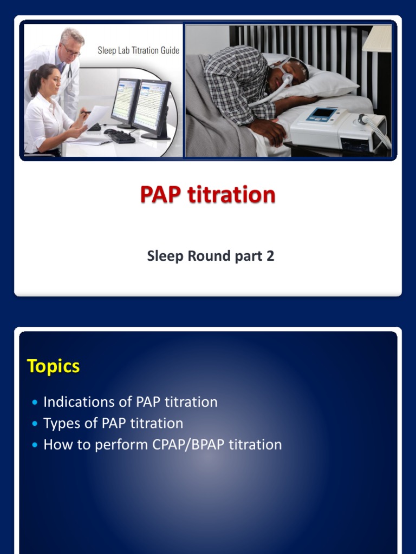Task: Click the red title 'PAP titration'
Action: [207, 194]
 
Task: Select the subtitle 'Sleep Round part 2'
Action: [210, 256]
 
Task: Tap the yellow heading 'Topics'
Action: [53, 366]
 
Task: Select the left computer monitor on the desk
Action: [125, 102]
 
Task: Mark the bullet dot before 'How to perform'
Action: [35, 445]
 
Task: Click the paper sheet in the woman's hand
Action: [96, 117]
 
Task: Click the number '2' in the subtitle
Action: [270, 256]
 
